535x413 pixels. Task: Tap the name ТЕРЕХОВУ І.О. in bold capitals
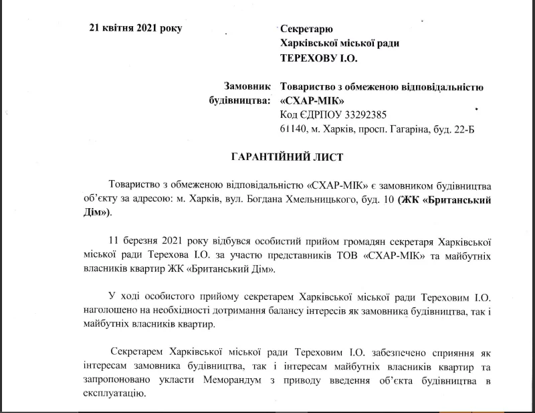click(318, 59)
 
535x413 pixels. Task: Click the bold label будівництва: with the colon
click(240, 100)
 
